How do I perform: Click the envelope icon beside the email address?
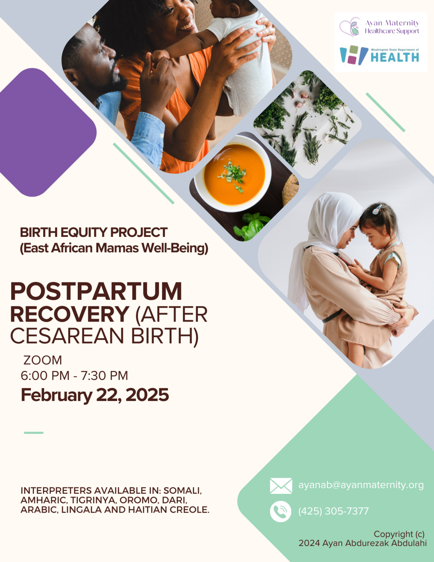[281, 486]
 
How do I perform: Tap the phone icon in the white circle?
[280, 511]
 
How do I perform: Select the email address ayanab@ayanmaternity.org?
[361, 485]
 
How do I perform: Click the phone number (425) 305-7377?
[333, 511]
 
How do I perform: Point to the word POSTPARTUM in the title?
[96, 291]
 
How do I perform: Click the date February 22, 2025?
[95, 395]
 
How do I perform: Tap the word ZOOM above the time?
[43, 360]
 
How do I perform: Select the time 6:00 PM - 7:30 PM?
[74, 376]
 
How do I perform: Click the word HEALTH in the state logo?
[395, 57]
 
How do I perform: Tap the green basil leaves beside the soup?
[251, 226]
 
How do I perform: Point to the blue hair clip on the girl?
[377, 209]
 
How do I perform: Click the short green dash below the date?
[34, 433]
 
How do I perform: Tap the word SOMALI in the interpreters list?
[183, 491]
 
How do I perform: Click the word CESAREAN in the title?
[69, 336]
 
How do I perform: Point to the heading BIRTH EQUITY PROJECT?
[94, 232]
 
